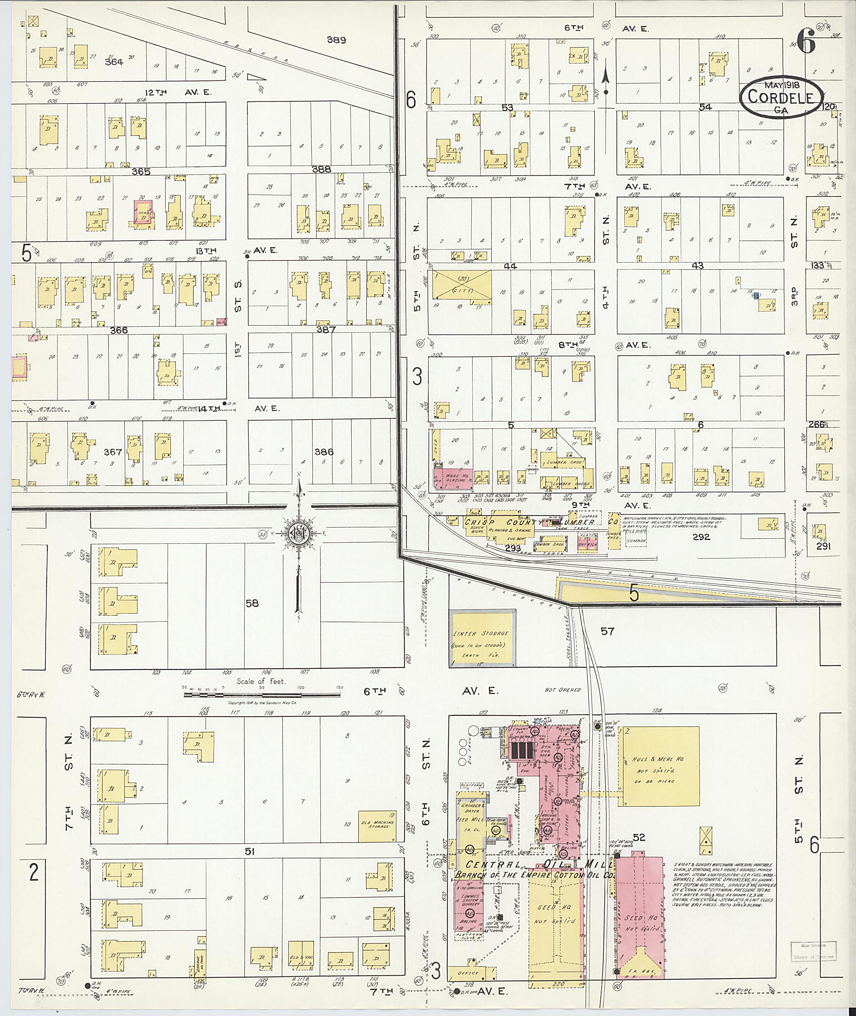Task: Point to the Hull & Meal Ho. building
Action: pyautogui.click(x=660, y=766)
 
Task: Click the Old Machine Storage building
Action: pyautogui.click(x=377, y=826)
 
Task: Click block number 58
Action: pyautogui.click(x=252, y=604)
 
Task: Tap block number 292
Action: pyautogui.click(x=701, y=537)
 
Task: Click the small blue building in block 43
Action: pyautogui.click(x=756, y=295)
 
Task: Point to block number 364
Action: pyautogui.click(x=114, y=61)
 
